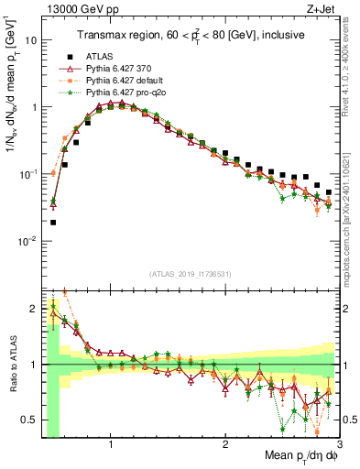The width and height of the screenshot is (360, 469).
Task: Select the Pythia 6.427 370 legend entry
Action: [120, 68]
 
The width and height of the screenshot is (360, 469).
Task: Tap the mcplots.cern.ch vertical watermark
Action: [351, 211]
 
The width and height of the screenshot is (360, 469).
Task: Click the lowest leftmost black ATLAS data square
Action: [53, 222]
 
